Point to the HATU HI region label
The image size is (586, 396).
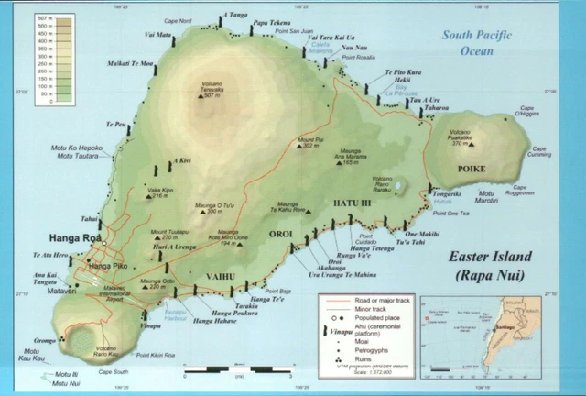353,202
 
